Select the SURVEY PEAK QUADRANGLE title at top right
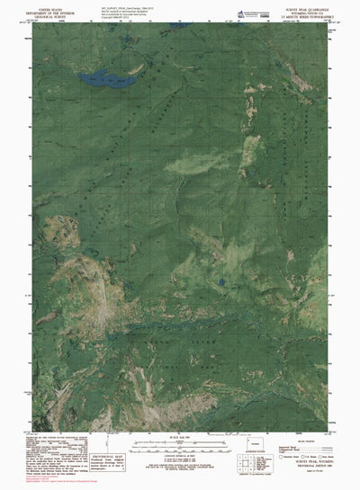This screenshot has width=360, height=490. tap(306, 6)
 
